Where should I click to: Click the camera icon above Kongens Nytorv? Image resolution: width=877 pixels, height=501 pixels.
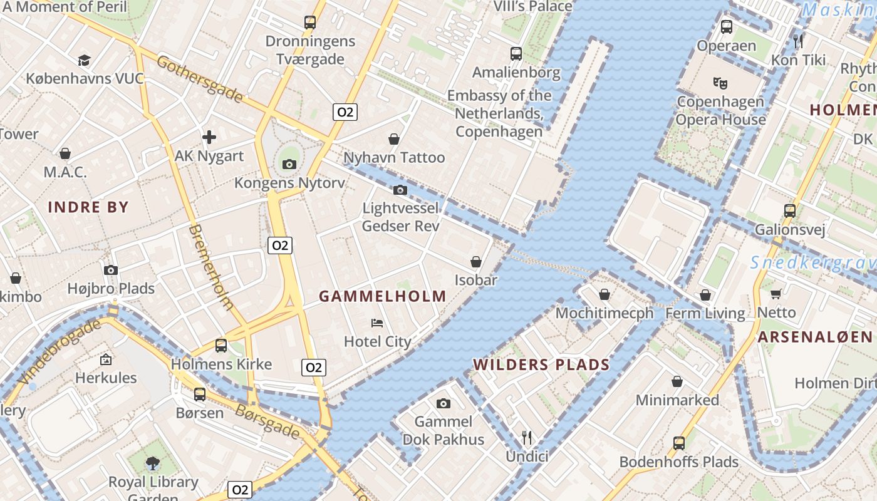click(289, 164)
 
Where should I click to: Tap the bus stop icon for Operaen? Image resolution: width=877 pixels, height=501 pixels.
click(727, 27)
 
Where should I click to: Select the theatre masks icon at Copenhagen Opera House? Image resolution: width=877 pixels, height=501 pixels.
click(720, 83)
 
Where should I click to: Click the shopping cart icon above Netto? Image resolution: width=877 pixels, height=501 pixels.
click(776, 294)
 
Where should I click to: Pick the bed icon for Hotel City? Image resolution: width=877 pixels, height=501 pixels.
click(377, 323)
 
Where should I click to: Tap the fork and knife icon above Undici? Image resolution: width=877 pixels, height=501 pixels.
click(527, 437)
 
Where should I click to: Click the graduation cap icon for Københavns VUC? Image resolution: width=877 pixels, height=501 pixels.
click(84, 60)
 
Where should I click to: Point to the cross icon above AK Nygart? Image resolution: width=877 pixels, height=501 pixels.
click(209, 137)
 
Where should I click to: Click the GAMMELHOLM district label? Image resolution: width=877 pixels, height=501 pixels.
click(383, 296)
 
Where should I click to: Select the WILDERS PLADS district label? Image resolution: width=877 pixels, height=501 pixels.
click(541, 364)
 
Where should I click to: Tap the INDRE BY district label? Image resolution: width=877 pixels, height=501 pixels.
click(88, 207)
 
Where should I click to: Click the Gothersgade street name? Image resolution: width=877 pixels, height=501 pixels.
click(199, 79)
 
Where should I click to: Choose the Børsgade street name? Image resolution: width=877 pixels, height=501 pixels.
click(267, 420)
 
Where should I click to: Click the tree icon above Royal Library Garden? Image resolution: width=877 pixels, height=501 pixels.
click(152, 463)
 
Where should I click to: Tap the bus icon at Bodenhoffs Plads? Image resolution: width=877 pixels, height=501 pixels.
click(678, 443)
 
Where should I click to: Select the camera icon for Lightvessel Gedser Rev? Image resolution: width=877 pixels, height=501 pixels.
click(400, 190)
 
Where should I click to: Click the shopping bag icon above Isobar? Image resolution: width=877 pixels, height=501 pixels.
click(476, 261)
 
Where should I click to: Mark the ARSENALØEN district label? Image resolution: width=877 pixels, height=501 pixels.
click(814, 337)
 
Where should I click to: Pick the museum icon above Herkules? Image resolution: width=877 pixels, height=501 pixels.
click(106, 359)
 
